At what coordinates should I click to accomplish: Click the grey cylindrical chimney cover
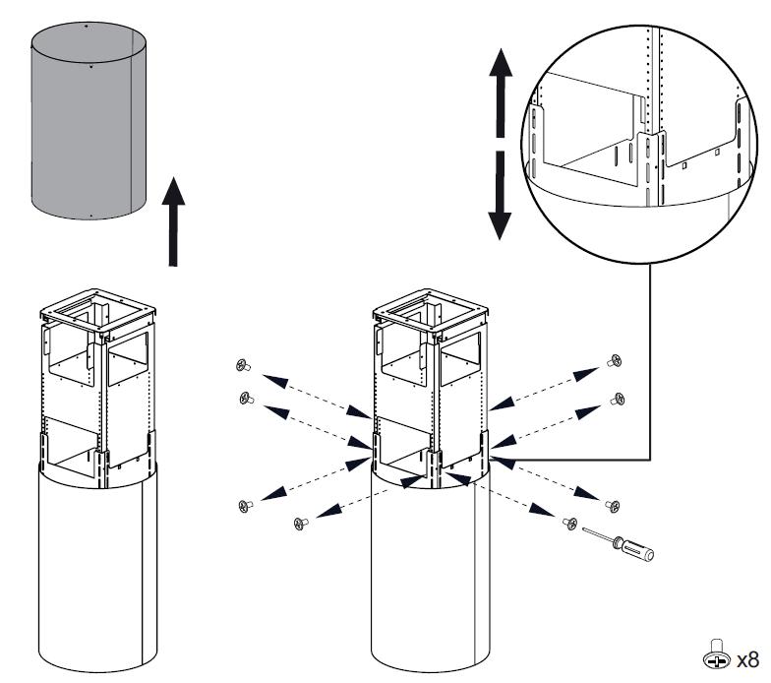(89, 123)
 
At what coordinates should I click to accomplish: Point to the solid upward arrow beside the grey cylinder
(174, 221)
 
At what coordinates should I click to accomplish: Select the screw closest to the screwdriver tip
(568, 523)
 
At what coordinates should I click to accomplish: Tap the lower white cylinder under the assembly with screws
(430, 571)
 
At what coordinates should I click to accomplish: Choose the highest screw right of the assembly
(616, 360)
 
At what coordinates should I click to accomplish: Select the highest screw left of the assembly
(242, 366)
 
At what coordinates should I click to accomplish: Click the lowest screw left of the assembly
(299, 524)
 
